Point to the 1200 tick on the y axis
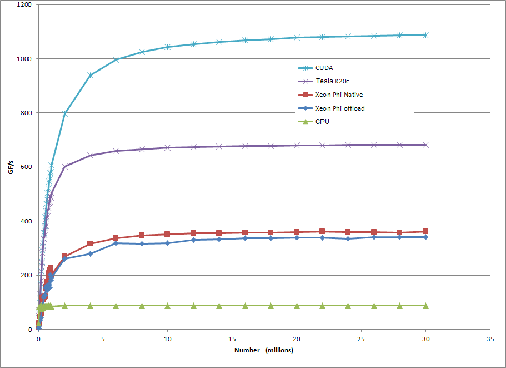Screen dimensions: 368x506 (x=24, y=5)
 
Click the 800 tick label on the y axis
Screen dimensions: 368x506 (x=26, y=113)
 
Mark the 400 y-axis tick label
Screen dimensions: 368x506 (x=26, y=221)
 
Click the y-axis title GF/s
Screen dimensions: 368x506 (x=11, y=167)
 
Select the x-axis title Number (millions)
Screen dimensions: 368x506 (x=264, y=350)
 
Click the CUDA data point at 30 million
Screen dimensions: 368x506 (x=425, y=35)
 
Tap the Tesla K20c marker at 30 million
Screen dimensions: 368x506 (x=425, y=145)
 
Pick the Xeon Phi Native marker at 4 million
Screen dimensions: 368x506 (x=90, y=244)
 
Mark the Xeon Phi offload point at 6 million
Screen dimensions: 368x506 (x=116, y=243)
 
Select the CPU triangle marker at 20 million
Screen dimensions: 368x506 (x=297, y=305)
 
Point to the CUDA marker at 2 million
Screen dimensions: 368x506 (x=64, y=113)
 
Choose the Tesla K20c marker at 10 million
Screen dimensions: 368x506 (x=167, y=147)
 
